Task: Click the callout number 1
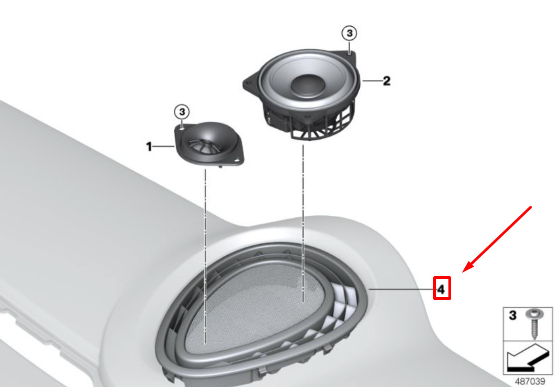(x=149, y=146)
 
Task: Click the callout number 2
(x=386, y=81)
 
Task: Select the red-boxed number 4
(x=442, y=288)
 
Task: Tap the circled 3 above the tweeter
(x=182, y=112)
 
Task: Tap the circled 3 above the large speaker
(x=349, y=33)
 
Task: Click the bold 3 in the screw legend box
(x=512, y=315)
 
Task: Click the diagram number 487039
(x=529, y=381)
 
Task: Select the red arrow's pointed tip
(x=463, y=273)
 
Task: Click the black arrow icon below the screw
(x=527, y=358)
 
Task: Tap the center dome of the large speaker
(x=308, y=85)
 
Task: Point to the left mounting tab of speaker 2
(x=250, y=82)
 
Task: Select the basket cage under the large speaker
(x=310, y=122)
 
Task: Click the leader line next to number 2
(x=372, y=81)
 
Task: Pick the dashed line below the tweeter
(x=205, y=256)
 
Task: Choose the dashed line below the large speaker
(x=303, y=223)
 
